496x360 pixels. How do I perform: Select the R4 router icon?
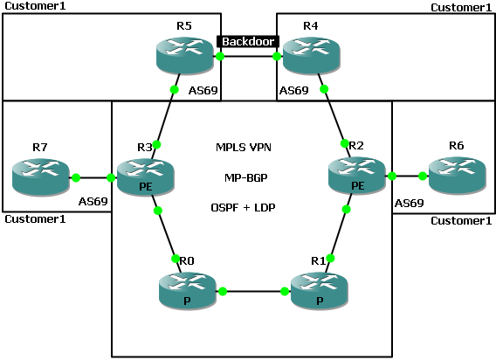click(309, 55)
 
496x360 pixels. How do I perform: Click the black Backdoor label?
click(249, 41)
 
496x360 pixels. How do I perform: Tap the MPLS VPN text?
click(249, 148)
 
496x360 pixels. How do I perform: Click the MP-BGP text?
click(249, 177)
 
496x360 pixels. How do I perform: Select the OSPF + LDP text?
click(249, 208)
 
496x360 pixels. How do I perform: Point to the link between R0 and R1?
click(253, 291)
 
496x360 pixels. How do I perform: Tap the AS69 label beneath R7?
click(93, 201)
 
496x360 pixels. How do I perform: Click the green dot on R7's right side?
click(76, 177)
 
